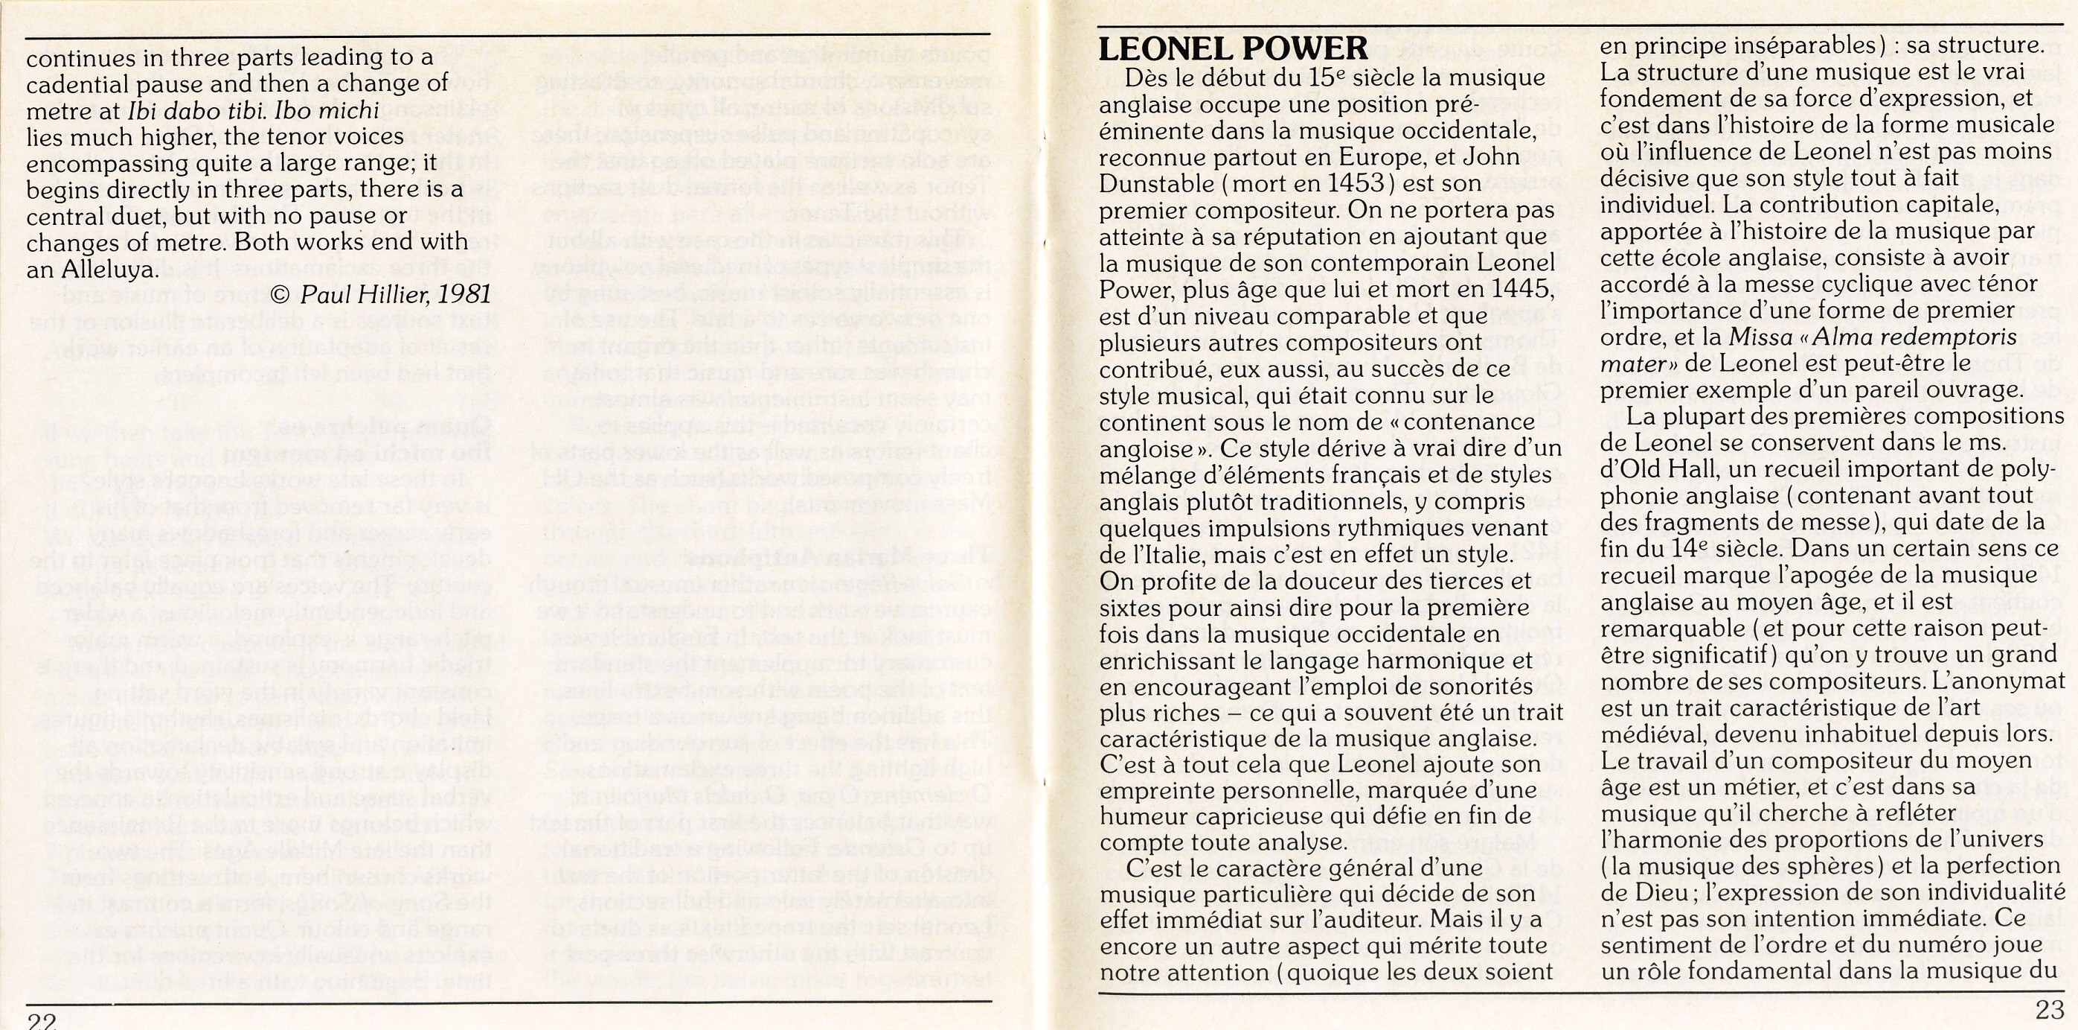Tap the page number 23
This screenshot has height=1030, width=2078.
click(2050, 1011)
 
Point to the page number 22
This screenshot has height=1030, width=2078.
click(41, 1020)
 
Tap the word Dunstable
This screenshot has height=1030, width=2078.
click(1157, 183)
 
